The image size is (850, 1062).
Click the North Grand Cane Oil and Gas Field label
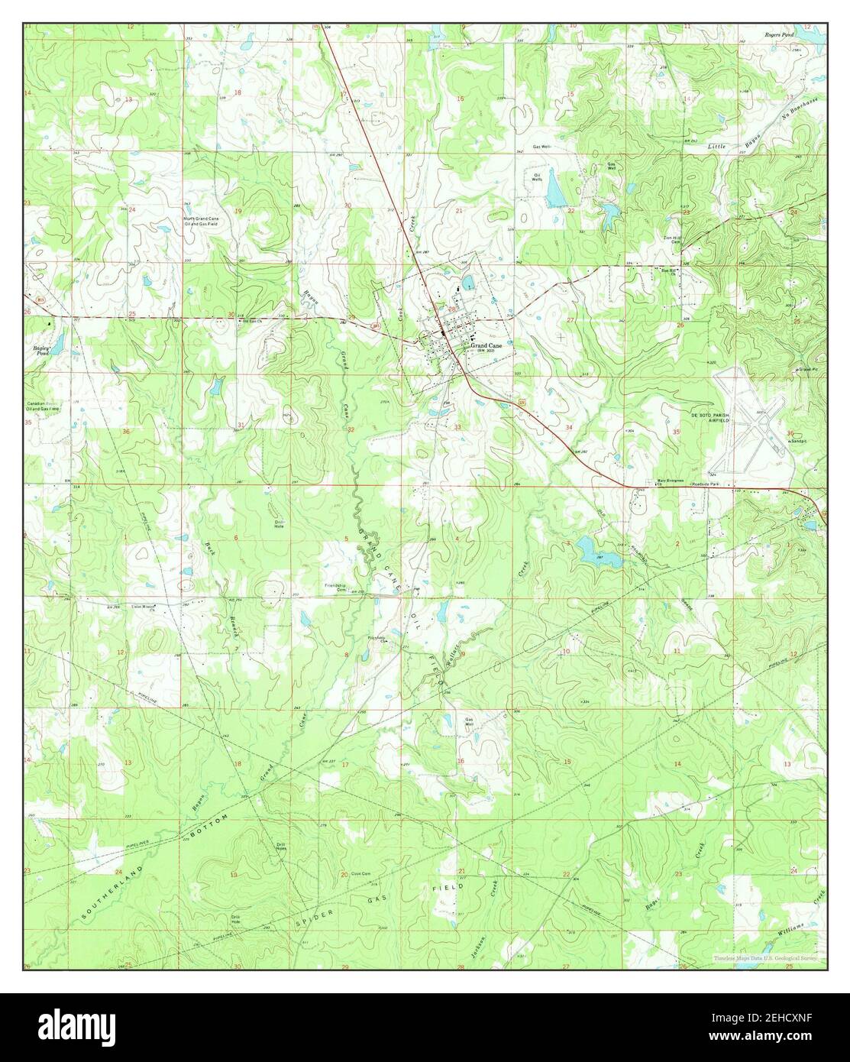(200, 221)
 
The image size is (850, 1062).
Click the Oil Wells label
(538, 177)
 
